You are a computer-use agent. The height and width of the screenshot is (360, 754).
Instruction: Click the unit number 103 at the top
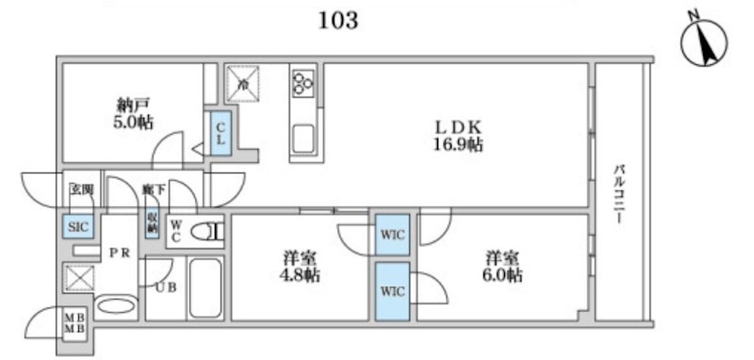(x=338, y=20)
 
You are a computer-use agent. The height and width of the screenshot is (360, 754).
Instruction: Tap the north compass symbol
(x=701, y=43)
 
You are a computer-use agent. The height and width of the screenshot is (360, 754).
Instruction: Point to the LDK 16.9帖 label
(x=458, y=135)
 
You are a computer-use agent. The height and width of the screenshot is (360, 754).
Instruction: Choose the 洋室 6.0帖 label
(x=503, y=266)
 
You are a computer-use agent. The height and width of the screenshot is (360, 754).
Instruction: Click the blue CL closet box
(x=218, y=133)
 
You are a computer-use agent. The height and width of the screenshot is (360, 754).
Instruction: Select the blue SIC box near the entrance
(x=77, y=225)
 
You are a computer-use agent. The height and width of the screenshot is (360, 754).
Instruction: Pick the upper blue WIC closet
(x=391, y=236)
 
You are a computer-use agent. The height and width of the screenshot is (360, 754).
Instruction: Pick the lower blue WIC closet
(x=391, y=291)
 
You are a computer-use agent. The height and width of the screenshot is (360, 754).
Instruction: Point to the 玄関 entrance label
(x=79, y=190)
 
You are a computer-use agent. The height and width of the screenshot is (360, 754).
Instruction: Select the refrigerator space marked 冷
(x=243, y=83)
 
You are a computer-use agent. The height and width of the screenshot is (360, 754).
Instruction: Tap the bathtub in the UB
(x=205, y=287)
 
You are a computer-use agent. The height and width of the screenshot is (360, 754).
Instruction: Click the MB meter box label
(x=73, y=326)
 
